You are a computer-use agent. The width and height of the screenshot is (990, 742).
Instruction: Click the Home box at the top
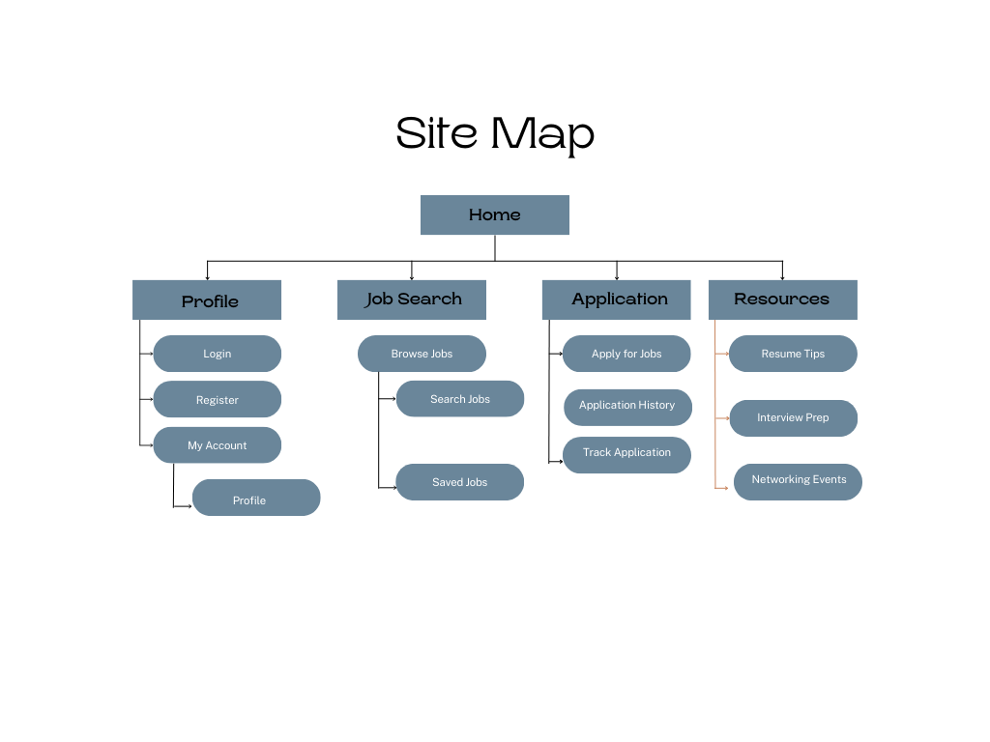(x=494, y=214)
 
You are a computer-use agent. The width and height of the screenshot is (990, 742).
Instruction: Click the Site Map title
(x=494, y=133)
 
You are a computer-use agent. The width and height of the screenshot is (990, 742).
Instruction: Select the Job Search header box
(x=411, y=300)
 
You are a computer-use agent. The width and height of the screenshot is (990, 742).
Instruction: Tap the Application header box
(x=616, y=300)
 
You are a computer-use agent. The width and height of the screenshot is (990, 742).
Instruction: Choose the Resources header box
(x=782, y=300)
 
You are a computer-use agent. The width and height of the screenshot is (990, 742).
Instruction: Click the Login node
(x=217, y=354)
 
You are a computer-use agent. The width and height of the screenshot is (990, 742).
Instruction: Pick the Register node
(x=217, y=399)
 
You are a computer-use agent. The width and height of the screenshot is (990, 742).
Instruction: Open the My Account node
(x=217, y=445)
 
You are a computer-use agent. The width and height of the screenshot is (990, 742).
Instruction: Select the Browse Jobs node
(x=422, y=354)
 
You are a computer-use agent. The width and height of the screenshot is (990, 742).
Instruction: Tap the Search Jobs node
(x=459, y=399)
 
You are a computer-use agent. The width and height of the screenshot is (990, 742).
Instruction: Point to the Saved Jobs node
(x=459, y=482)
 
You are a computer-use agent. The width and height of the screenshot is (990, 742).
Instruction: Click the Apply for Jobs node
(x=626, y=354)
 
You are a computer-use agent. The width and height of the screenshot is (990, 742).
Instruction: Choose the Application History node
(x=627, y=407)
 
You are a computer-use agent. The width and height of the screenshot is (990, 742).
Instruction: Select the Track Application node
(x=626, y=454)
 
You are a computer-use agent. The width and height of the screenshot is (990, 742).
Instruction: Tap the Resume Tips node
(x=793, y=354)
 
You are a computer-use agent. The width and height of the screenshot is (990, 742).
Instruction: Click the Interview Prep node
(x=793, y=418)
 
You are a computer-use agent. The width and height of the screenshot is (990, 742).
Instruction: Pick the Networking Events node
(x=798, y=481)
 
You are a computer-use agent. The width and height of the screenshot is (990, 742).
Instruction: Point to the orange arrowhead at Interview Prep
(x=727, y=418)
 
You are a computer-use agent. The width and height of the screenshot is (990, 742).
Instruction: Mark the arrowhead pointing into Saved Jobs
(x=393, y=488)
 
